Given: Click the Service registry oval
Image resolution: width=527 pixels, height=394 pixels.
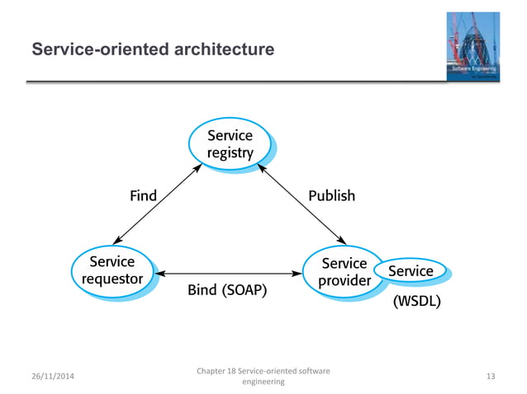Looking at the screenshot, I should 230,143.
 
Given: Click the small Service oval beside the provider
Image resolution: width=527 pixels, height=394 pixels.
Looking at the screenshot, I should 411,270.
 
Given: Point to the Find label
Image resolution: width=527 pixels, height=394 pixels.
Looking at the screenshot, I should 143,196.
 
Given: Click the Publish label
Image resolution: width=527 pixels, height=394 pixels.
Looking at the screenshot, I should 331,196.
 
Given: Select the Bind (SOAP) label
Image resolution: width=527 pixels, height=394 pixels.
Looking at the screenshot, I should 227,291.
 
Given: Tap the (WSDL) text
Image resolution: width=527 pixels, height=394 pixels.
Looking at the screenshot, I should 415,302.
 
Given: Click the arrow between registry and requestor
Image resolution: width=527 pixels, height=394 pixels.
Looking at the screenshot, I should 157,203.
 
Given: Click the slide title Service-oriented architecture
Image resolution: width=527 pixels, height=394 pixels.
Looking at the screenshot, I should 153,50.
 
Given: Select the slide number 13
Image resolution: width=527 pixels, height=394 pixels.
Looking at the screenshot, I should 491,377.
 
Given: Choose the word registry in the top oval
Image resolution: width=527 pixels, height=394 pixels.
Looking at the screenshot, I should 230,152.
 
